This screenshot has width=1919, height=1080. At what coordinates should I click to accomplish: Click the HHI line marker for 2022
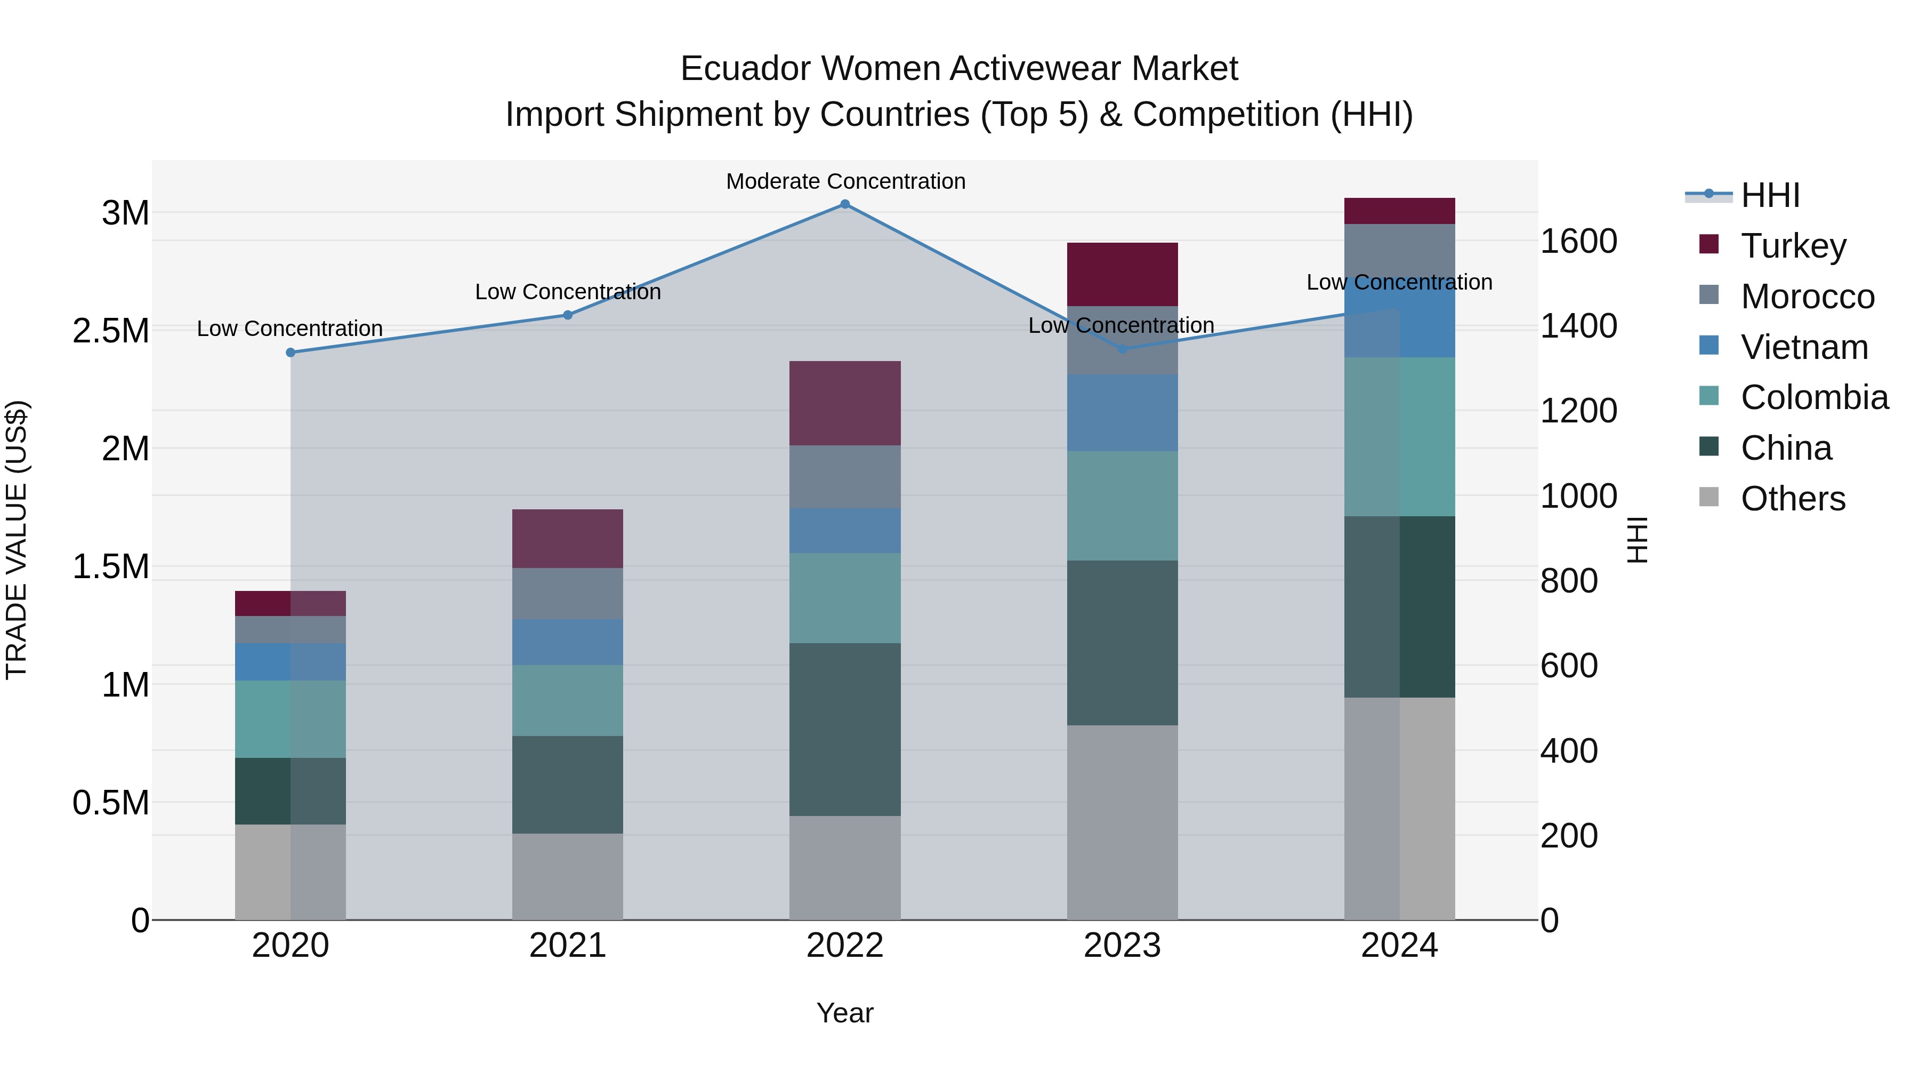pyautogui.click(x=845, y=204)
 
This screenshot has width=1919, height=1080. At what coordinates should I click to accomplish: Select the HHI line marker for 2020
pyautogui.click(x=291, y=353)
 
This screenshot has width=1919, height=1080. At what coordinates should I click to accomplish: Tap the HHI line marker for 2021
pyautogui.click(x=568, y=315)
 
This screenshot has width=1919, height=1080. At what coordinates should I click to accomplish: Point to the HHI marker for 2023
pyautogui.click(x=1122, y=349)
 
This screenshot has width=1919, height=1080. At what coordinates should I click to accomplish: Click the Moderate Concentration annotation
pyautogui.click(x=845, y=181)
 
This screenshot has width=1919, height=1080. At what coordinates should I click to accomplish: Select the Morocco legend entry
pyautogui.click(x=1807, y=297)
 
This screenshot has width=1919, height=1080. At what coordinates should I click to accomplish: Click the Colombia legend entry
pyautogui.click(x=1813, y=397)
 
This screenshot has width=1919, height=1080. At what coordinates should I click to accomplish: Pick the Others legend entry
pyautogui.click(x=1792, y=499)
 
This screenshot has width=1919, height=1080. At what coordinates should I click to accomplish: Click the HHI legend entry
pyautogui.click(x=1769, y=195)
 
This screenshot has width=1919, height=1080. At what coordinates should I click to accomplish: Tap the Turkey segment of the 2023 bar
pyautogui.click(x=1122, y=274)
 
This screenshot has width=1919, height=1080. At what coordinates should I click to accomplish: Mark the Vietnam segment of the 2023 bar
pyautogui.click(x=1122, y=412)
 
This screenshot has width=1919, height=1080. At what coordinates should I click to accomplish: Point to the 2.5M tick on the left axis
pyautogui.click(x=111, y=330)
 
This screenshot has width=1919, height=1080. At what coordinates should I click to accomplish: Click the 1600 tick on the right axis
pyautogui.click(x=1578, y=242)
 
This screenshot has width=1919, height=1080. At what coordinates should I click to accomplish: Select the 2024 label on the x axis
pyautogui.click(x=1399, y=946)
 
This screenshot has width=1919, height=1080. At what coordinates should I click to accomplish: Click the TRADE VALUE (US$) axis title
pyautogui.click(x=17, y=540)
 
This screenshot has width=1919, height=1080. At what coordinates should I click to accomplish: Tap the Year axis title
pyautogui.click(x=845, y=1013)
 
